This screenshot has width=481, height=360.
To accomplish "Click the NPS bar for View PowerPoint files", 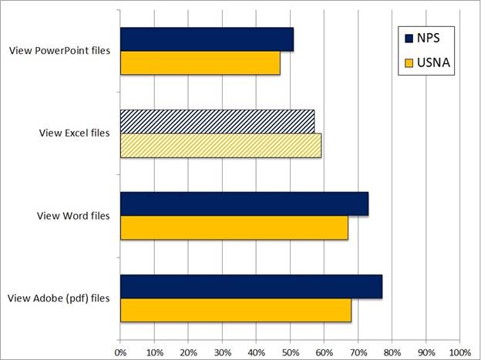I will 207,39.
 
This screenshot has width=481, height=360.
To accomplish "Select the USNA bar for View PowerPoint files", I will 200,62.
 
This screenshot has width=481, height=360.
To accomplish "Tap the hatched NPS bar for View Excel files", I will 217,121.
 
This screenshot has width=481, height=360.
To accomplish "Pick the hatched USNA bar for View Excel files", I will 220,145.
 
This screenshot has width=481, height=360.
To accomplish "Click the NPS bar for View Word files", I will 244,204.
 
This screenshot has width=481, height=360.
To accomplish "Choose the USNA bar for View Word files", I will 234,227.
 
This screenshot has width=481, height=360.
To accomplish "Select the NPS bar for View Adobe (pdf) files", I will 251,286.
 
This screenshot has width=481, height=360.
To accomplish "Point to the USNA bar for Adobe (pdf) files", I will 236,309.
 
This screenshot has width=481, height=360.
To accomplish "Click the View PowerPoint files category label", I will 60,51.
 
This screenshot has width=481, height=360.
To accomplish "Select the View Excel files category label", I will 75,133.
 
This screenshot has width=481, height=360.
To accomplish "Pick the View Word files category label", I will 73,215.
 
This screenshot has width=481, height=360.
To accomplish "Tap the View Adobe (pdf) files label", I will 59,298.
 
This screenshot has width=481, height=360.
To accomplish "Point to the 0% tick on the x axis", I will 120,352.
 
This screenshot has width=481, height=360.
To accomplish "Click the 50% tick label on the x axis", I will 290,352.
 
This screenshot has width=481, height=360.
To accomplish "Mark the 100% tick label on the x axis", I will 459,352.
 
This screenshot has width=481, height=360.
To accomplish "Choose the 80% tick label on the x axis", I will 392,352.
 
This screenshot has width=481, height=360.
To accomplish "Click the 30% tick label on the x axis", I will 222,352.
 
